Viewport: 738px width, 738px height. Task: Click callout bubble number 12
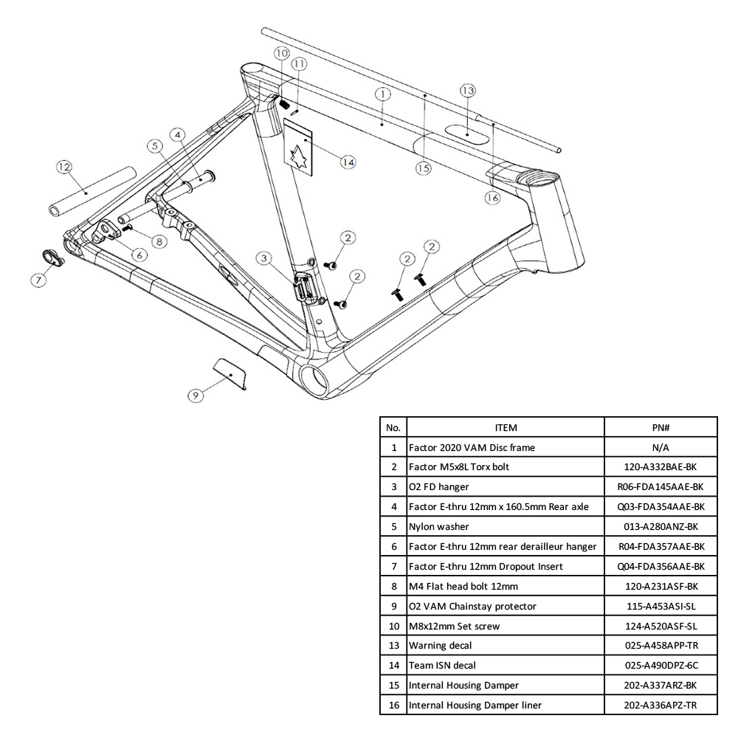pyautogui.click(x=64, y=168)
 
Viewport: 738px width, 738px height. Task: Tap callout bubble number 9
pyautogui.click(x=195, y=396)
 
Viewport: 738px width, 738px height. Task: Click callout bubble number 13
pyautogui.click(x=467, y=90)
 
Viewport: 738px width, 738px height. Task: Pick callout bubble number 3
pyautogui.click(x=265, y=258)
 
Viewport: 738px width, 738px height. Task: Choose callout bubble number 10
pyautogui.click(x=281, y=53)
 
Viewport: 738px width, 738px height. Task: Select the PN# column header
pyautogui.click(x=661, y=427)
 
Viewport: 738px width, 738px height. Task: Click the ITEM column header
pyautogui.click(x=506, y=427)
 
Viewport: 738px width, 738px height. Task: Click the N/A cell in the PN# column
pyautogui.click(x=661, y=447)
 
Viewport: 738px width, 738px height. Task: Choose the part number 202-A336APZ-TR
pyautogui.click(x=661, y=705)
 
